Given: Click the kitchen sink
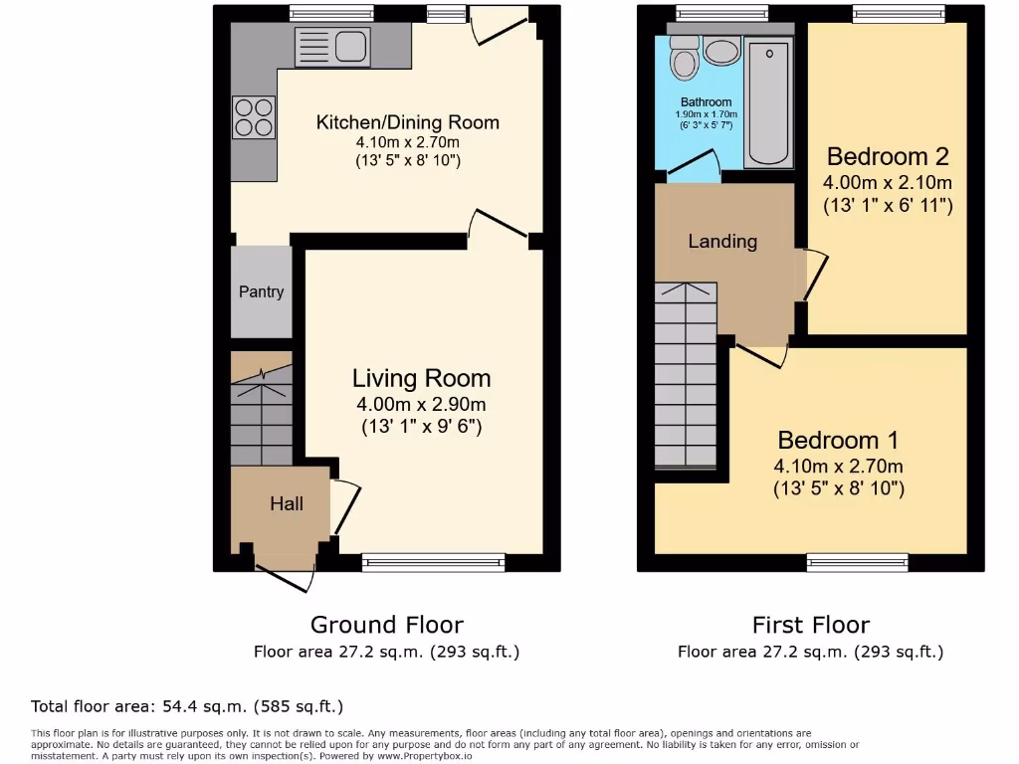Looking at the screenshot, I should point(332,47).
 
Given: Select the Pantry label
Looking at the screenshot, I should point(261,291).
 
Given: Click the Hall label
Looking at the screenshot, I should point(287,503).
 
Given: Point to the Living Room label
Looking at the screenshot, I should point(421,378).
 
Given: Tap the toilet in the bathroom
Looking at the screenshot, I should point(684,59).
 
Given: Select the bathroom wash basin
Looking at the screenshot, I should point(720,52).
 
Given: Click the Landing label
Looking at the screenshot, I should point(722,241).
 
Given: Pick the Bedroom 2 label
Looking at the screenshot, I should point(888,156).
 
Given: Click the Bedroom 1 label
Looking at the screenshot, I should point(829,440).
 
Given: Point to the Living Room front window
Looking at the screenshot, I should point(433,562).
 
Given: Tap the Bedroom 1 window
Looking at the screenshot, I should point(843,562).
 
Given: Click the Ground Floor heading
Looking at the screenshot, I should point(386,625).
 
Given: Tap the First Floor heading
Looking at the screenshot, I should point(810,625).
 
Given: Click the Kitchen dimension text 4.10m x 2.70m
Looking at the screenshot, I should point(407,142).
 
